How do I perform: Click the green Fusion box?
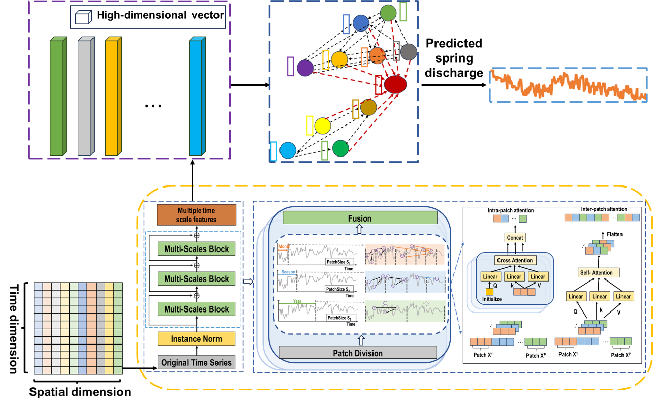pyautogui.click(x=359, y=218)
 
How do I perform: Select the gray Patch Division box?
pyautogui.click(x=358, y=353)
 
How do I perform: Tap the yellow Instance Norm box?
pyautogui.click(x=196, y=339)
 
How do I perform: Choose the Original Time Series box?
pyautogui.click(x=196, y=362)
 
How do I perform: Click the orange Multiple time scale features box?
pyautogui.click(x=196, y=215)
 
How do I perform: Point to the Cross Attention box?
pyautogui.click(x=515, y=260)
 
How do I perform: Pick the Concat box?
pyautogui.click(x=515, y=237)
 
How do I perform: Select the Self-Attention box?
pyautogui.click(x=596, y=272)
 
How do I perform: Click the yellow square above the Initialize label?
pyautogui.click(x=489, y=292)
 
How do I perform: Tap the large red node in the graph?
pyautogui.click(x=395, y=84)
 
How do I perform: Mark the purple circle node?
pyautogui.click(x=305, y=68)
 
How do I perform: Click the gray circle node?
pyautogui.click(x=408, y=52)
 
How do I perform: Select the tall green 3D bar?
pyautogui.click(x=57, y=97)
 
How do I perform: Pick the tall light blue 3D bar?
pyautogui.click(x=196, y=97)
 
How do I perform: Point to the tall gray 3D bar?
pyautogui.click(x=85, y=97)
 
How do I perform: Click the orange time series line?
pyautogui.click(x=568, y=85)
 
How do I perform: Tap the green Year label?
pyautogui.click(x=297, y=301)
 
